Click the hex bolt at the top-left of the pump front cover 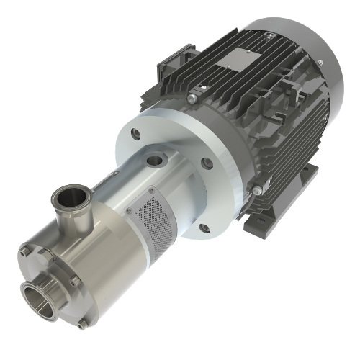tap(26, 251)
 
